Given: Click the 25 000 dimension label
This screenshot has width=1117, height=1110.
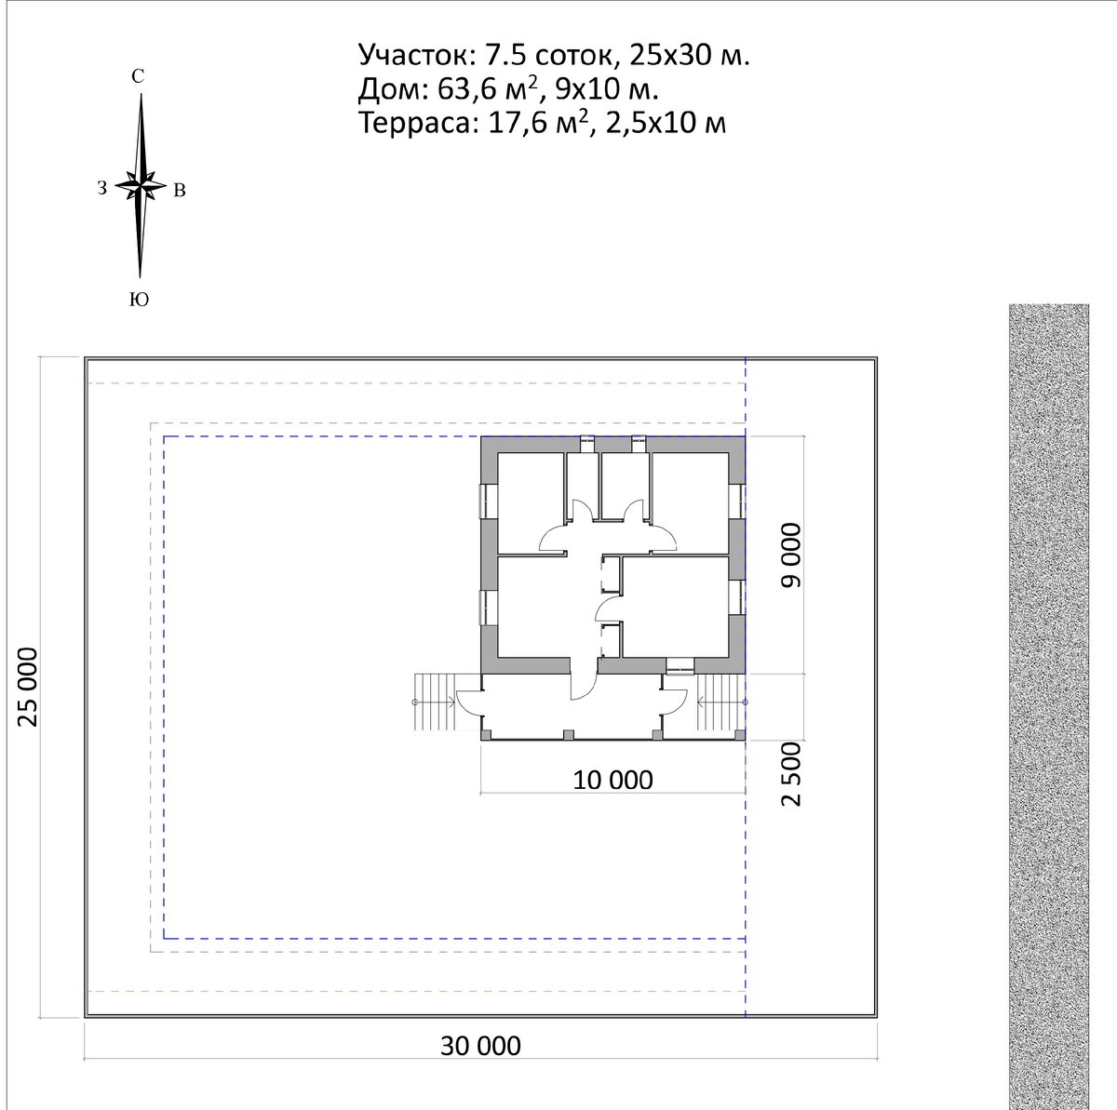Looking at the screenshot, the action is tap(28, 687).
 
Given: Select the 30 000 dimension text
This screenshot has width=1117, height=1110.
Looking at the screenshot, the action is tap(480, 1046).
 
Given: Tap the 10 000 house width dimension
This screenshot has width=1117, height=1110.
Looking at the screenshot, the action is tap(612, 781).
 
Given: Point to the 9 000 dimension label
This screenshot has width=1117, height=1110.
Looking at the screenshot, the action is tap(790, 555).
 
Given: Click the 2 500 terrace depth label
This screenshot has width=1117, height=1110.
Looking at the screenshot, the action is tap(790, 774).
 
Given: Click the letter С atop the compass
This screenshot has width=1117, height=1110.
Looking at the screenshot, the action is tap(138, 76).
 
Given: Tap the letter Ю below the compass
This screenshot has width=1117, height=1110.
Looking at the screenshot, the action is tap(139, 299).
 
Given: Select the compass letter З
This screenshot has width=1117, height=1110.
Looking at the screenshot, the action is tap(102, 188).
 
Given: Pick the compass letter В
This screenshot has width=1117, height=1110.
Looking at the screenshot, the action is tap(180, 190).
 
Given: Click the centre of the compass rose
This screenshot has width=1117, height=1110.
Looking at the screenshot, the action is tap(141, 186).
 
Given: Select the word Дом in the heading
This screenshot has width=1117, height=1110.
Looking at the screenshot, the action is tap(392, 89).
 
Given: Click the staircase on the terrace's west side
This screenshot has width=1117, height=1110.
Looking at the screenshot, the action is tap(436, 702).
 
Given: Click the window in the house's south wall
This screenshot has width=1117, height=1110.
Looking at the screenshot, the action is tap(680, 666).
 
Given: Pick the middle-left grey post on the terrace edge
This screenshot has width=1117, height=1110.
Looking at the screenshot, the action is tap(569, 734).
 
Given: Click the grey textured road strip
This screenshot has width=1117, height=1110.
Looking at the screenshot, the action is tap(1049, 706).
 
